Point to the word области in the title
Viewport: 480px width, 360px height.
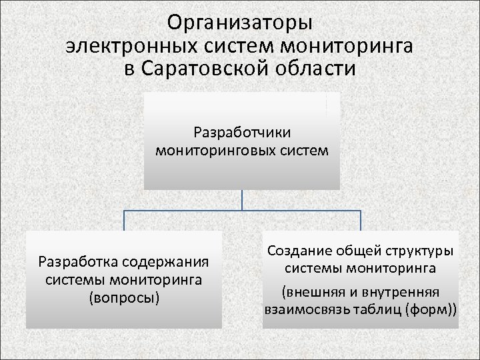[x=317, y=69]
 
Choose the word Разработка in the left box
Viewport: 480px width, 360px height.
[x=75, y=260]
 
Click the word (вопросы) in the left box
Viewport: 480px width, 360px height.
[x=124, y=297]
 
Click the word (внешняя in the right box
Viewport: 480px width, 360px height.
[x=310, y=292]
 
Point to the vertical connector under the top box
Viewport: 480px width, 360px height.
[x=242, y=200]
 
